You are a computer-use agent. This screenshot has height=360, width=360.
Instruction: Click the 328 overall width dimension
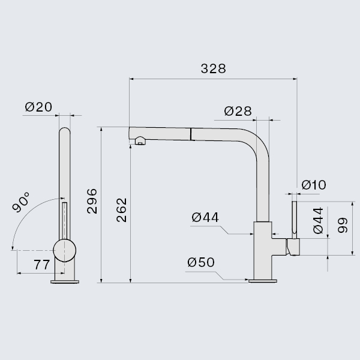(x=213, y=68)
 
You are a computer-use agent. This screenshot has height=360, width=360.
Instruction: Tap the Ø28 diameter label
(x=238, y=111)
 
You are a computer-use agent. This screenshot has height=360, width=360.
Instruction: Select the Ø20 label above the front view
(x=38, y=107)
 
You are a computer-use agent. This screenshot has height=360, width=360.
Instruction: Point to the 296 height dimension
(x=92, y=201)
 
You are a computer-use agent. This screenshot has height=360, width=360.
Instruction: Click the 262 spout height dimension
(x=122, y=210)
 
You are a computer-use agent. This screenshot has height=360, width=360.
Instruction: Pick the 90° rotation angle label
(x=21, y=202)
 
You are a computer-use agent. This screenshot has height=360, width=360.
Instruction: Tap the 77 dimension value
(x=41, y=265)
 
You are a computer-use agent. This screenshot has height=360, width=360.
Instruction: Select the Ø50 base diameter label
(x=201, y=262)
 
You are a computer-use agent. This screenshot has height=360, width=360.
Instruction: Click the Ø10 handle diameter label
(x=314, y=185)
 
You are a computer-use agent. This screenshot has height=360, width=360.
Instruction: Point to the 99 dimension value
(x=343, y=225)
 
